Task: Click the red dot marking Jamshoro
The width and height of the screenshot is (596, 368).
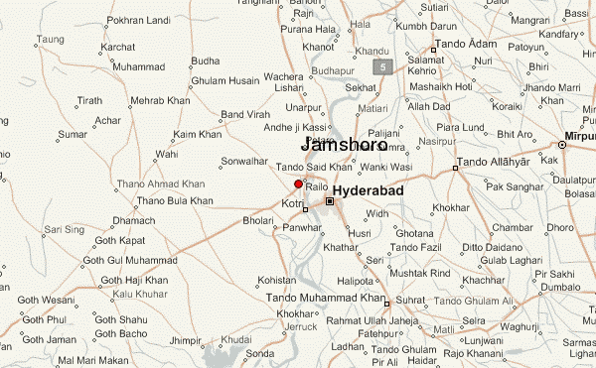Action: coord(298,184)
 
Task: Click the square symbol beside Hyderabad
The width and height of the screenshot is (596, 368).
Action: coord(330,201)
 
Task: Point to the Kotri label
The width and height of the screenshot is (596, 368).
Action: coord(292,202)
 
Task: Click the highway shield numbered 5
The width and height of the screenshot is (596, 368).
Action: coord(381,66)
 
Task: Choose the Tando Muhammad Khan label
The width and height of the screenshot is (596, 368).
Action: coord(324,298)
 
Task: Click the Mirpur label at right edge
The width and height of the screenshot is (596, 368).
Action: coord(578,132)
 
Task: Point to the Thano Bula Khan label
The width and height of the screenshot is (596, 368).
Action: coord(175,200)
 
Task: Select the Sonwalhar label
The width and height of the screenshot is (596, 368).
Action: coord(244,161)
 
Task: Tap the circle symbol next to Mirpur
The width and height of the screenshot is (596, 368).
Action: coord(561,145)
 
